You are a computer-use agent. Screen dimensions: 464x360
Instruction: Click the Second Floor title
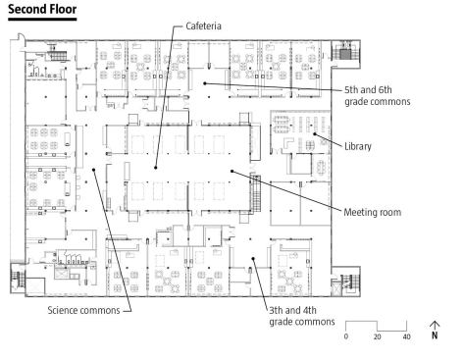42,9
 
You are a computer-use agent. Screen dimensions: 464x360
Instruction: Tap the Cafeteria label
203,26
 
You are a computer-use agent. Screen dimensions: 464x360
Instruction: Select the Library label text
358,146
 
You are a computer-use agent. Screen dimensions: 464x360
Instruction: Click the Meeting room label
372,212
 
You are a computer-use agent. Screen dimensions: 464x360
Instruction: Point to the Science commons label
83,310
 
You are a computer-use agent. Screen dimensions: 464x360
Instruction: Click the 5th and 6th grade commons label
378,95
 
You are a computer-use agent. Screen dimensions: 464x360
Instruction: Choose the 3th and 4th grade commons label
302,316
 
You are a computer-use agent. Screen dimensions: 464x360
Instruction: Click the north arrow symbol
435,326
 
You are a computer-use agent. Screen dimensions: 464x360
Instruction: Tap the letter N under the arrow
435,335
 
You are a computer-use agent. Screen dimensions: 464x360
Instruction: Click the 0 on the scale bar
346,336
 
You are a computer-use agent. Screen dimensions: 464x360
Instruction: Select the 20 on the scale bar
377,336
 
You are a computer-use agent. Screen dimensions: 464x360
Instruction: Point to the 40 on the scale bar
406,336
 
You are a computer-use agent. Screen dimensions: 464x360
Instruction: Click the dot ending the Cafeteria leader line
156,168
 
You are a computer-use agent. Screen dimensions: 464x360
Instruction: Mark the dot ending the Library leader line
315,133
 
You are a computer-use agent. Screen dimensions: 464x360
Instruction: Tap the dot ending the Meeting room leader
232,171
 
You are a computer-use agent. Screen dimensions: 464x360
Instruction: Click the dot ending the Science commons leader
93,170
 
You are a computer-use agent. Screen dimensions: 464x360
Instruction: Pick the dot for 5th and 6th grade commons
205,83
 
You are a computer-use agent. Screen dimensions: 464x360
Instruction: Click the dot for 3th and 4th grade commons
253,258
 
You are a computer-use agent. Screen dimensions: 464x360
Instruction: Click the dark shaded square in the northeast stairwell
345,54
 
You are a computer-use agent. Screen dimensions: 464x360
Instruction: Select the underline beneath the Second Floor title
42,20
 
